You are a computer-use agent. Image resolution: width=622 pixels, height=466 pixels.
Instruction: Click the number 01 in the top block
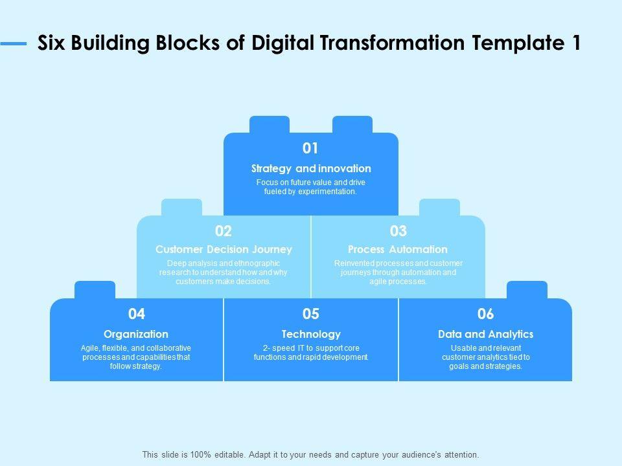(x=311, y=148)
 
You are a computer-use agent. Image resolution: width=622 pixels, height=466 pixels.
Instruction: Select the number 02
(x=224, y=231)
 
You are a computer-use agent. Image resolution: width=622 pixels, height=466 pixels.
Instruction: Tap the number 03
(x=398, y=231)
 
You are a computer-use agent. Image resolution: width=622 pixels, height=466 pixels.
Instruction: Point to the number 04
(x=137, y=314)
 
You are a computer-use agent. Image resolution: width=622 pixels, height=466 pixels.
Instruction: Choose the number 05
(x=311, y=314)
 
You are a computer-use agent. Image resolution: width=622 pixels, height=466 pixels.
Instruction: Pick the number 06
(x=485, y=314)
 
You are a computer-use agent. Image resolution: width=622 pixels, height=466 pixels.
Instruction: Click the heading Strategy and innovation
(x=311, y=168)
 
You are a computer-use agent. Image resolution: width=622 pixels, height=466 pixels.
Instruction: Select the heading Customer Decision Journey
(x=224, y=249)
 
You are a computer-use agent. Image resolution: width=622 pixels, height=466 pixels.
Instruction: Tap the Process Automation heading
(x=398, y=249)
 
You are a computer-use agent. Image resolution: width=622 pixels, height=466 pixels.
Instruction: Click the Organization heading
(x=136, y=334)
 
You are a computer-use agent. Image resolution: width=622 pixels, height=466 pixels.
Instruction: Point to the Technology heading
(x=311, y=334)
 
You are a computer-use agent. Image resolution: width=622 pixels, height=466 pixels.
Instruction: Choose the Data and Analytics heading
(x=485, y=334)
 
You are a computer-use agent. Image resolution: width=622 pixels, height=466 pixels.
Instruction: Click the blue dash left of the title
(x=14, y=44)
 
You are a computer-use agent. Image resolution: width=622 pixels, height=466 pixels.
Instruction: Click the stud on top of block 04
(x=95, y=290)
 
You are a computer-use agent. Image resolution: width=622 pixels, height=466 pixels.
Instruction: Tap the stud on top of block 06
(x=527, y=290)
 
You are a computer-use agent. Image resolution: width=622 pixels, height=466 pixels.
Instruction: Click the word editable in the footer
(x=227, y=455)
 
